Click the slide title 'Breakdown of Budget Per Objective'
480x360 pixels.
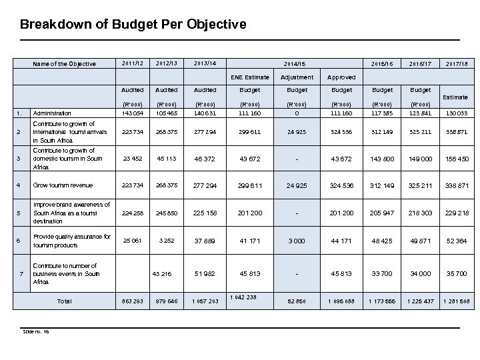(133, 25)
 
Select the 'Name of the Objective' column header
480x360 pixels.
(65, 65)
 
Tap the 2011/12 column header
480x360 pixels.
(127, 64)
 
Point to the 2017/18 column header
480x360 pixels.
(457, 64)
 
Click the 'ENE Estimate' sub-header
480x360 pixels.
(251, 77)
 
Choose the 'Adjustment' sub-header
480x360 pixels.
(297, 77)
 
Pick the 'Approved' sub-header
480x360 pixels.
(341, 77)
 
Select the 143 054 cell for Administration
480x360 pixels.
(127, 112)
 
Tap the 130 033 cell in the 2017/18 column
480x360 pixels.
(457, 112)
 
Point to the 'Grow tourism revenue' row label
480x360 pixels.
(63, 185)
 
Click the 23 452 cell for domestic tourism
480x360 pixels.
(127, 158)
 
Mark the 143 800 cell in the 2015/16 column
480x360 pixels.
(383, 158)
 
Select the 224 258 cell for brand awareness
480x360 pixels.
(127, 213)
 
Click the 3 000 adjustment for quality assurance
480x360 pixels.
(297, 241)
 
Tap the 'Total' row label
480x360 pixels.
(64, 302)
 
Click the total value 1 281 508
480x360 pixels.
(457, 302)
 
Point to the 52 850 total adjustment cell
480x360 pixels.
(297, 302)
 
